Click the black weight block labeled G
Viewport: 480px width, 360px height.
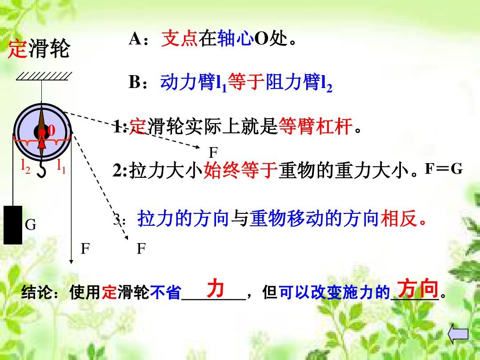pos(13,225)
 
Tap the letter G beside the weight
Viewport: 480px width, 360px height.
pos(30,225)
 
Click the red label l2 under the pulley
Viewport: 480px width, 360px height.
pos(25,167)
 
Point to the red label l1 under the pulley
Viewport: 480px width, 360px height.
pos(61,167)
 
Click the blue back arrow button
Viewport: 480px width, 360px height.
pos(458,334)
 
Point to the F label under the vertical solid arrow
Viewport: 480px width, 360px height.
pos(85,248)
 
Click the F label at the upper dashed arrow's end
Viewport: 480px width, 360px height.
pos(213,152)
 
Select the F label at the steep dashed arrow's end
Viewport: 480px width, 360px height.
pos(141,248)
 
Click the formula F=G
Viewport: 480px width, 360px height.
pos(444,169)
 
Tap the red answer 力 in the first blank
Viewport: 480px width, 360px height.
pos(216,288)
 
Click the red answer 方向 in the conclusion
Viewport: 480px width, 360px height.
pos(418,288)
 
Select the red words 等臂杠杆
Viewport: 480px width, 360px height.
pos(316,126)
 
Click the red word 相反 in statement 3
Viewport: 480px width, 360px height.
pos(399,218)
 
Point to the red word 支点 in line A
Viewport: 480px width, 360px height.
pos(180,38)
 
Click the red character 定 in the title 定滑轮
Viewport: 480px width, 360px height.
pos(17,48)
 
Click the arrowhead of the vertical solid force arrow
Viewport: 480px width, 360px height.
pos(71,262)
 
